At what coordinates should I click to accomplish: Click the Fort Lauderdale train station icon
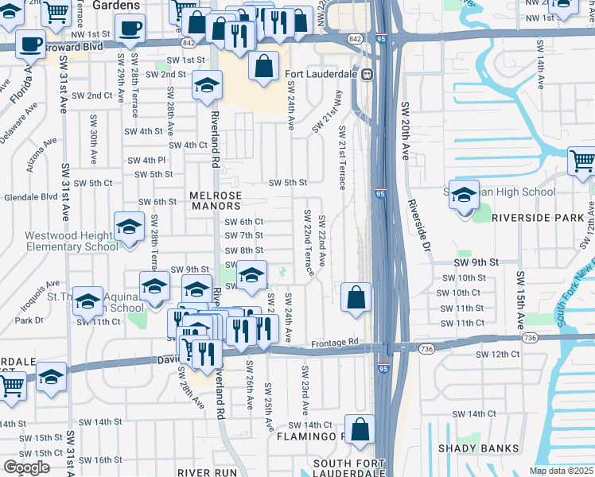[x=367, y=75]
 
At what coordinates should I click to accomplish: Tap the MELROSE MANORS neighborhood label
[x=216, y=200]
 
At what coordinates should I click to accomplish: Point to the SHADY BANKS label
[x=485, y=448]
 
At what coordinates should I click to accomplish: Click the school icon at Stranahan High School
[x=464, y=194]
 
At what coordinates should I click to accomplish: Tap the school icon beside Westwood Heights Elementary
[x=129, y=228]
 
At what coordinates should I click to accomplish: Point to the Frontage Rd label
[x=331, y=343]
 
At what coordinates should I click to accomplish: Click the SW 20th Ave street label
[x=404, y=131]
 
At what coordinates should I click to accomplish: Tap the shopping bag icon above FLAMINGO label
[x=360, y=429]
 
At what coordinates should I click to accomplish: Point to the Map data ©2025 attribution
[x=562, y=471]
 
